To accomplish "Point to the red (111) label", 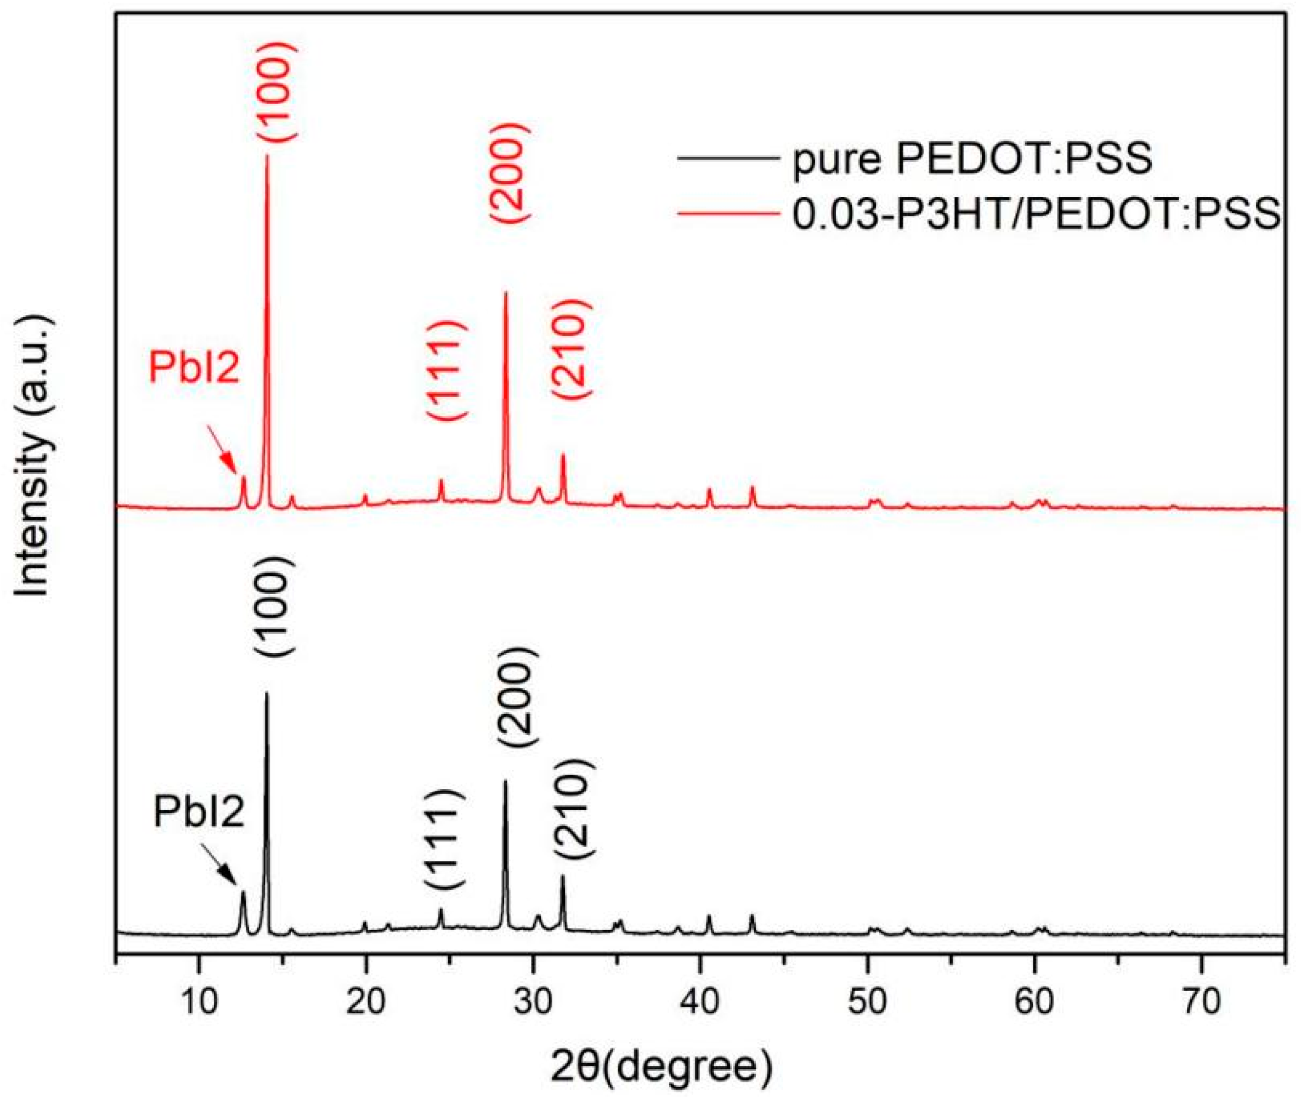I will pos(446,371).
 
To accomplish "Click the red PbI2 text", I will pos(194,368).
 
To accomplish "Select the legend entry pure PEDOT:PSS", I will pos(972,161).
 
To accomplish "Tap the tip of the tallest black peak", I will pos(267,694).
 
